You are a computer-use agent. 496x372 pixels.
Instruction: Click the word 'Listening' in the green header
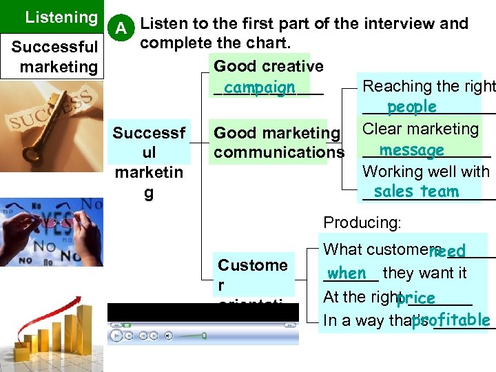click(61, 17)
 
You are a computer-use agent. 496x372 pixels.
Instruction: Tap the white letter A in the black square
click(121, 28)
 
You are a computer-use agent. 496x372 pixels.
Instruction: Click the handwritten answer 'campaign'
click(259, 88)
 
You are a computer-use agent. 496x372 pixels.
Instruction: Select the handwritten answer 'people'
click(411, 107)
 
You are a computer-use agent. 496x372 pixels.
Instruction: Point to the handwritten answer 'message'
click(411, 150)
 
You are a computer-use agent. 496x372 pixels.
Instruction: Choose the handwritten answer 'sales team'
click(416, 192)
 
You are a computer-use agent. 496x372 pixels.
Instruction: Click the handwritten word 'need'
click(447, 251)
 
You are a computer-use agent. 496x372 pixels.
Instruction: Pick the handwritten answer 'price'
click(415, 298)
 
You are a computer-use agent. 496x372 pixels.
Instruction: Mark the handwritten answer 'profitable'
click(451, 320)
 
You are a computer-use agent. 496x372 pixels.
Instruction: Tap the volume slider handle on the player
click(204, 335)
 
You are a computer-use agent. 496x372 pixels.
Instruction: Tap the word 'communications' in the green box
click(279, 152)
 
